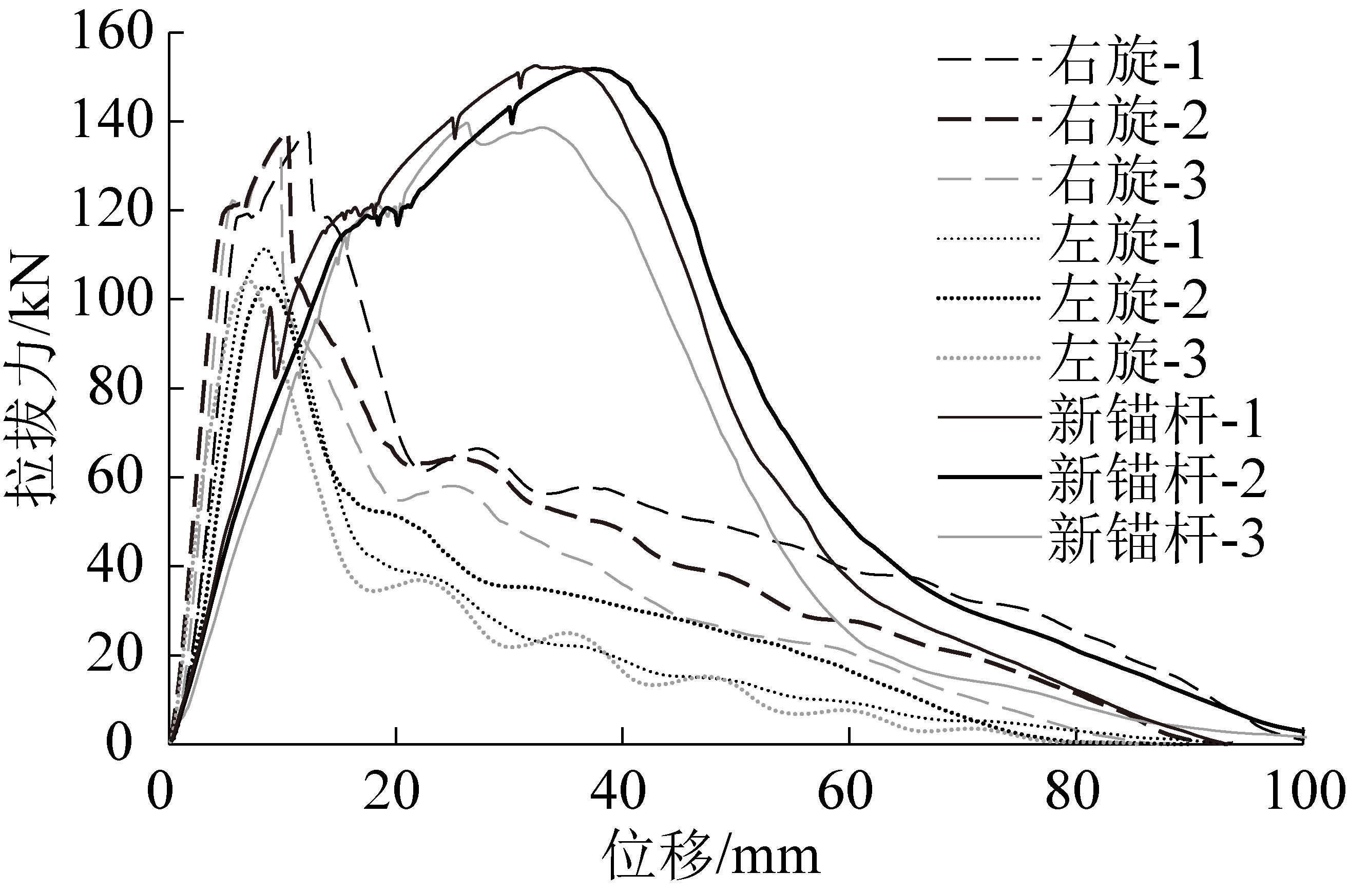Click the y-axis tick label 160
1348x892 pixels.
coord(114,34)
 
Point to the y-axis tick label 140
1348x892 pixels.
coord(114,122)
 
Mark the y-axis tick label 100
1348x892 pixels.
coord(114,300)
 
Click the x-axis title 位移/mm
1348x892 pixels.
coord(710,857)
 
